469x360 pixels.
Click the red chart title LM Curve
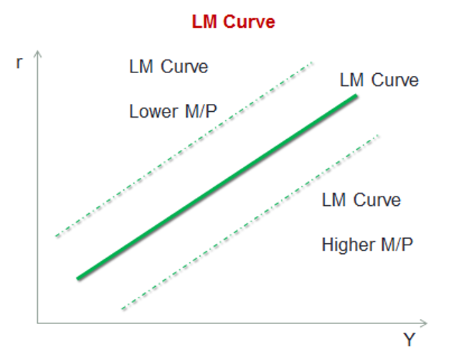click(x=233, y=22)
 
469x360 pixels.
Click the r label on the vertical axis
click(x=19, y=62)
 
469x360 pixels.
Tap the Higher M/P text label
click(x=367, y=245)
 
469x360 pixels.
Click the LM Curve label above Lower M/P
click(x=169, y=67)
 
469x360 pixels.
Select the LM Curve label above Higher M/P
click(x=361, y=199)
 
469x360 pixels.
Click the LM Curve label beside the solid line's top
click(x=379, y=80)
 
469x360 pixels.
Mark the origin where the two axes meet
click(x=37, y=323)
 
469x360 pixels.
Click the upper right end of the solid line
click(x=356, y=96)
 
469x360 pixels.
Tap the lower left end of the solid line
click(x=78, y=277)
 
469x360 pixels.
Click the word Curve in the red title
click(x=250, y=22)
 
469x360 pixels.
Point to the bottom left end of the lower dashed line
click(x=123, y=309)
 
